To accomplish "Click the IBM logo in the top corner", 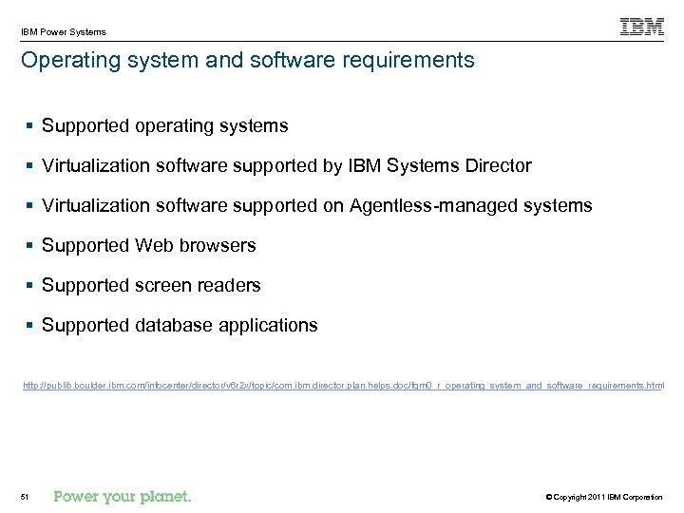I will (641, 27).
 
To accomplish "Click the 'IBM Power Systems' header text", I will (64, 31).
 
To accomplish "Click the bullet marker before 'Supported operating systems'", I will (31, 126).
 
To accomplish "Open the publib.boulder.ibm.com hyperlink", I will (343, 387).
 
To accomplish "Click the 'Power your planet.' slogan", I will (123, 496).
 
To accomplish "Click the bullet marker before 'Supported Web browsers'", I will (31, 246).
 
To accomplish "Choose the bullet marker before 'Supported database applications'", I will (31, 326).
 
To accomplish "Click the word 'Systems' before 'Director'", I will (425, 165).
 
